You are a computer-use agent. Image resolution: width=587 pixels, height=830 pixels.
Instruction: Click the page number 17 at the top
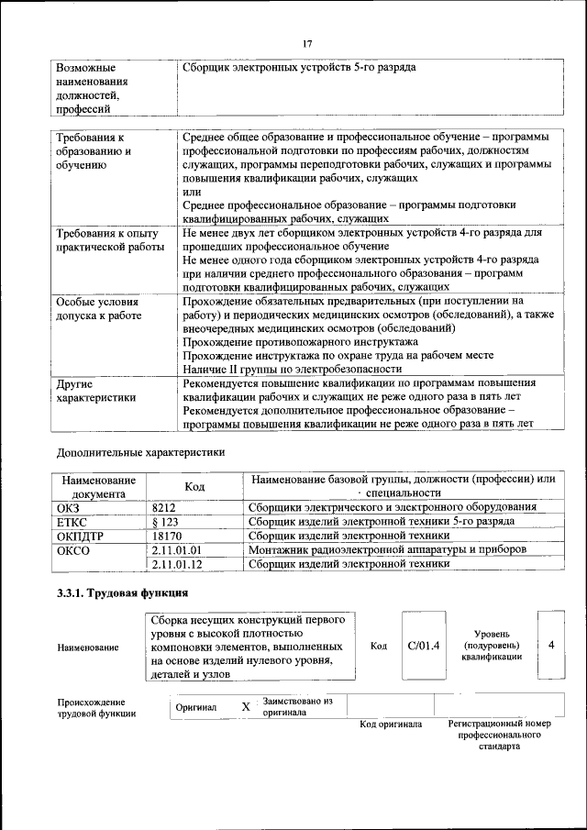click(x=307, y=42)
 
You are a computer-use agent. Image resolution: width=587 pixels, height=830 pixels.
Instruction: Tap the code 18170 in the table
click(x=167, y=535)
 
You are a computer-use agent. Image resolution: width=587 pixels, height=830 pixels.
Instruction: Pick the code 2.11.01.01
click(x=176, y=549)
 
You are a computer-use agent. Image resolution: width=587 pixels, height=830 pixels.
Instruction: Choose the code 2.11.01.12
click(x=176, y=564)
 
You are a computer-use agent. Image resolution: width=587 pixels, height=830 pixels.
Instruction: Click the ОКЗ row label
click(x=69, y=507)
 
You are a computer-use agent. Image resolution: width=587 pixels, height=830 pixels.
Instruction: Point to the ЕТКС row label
click(x=72, y=521)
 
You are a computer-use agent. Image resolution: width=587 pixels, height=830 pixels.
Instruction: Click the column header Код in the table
click(x=194, y=486)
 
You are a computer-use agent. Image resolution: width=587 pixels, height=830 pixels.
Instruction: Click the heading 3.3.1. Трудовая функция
click(x=123, y=593)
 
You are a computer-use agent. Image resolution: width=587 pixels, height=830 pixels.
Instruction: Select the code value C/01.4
click(x=424, y=646)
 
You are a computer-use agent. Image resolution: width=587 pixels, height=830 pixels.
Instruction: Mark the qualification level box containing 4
click(x=551, y=646)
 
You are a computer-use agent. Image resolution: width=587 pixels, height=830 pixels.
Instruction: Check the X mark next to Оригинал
click(x=245, y=707)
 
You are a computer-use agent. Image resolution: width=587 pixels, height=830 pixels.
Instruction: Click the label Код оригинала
click(x=391, y=725)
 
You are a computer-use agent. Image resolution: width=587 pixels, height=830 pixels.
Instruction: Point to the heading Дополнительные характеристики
click(x=140, y=452)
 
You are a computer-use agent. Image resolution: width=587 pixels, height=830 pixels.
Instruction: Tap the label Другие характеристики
click(x=96, y=391)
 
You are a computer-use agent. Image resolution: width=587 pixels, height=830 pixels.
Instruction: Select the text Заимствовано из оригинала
click(x=296, y=706)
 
